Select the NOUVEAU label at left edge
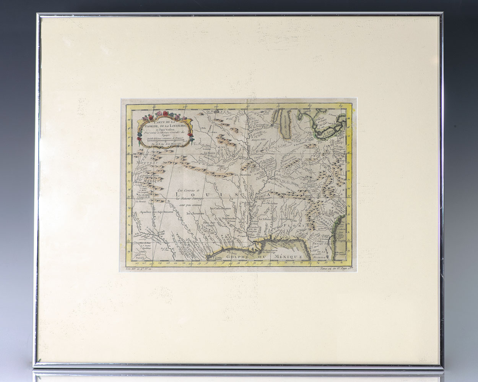point(143,163)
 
